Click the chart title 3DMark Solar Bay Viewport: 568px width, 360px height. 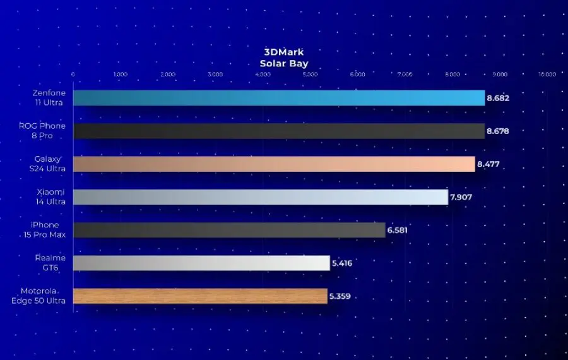[283, 57]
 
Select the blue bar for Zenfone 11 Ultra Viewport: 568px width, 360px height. [278, 98]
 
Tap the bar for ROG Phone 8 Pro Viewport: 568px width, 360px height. [278, 131]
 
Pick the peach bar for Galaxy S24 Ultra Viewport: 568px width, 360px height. [274, 164]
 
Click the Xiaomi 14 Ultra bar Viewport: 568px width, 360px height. [261, 197]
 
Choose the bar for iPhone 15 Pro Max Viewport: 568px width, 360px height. [229, 230]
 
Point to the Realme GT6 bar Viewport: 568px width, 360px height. [201, 263]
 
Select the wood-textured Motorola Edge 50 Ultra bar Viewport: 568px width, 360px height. [200, 296]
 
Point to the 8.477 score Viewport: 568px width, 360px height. [488, 164]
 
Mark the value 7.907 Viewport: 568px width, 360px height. [461, 197]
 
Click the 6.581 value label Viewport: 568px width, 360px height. [398, 230]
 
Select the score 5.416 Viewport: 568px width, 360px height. [342, 263]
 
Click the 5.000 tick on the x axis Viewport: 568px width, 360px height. [310, 75]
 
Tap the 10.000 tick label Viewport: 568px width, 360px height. [547, 75]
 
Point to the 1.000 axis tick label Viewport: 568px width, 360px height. [121, 75]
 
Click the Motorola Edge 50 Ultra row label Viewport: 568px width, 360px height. [38, 296]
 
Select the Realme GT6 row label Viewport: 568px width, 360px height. [50, 263]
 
